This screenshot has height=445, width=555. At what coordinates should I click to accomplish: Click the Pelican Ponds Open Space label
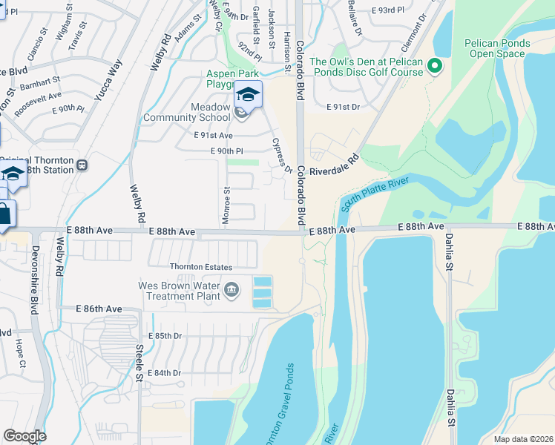click(x=498, y=49)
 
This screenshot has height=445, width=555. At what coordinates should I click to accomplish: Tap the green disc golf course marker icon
click(x=436, y=68)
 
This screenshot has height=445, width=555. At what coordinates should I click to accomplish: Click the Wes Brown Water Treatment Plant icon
click(x=231, y=289)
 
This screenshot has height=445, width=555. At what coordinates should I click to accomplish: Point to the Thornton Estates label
click(x=201, y=267)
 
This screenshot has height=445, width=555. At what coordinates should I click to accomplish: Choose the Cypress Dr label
click(x=281, y=155)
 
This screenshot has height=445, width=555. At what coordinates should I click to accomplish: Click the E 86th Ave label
click(x=99, y=309)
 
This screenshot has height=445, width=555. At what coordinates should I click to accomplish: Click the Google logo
click(x=24, y=436)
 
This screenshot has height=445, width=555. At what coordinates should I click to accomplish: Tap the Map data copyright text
click(x=523, y=439)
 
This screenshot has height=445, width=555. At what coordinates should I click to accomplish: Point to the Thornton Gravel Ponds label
click(x=279, y=405)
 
